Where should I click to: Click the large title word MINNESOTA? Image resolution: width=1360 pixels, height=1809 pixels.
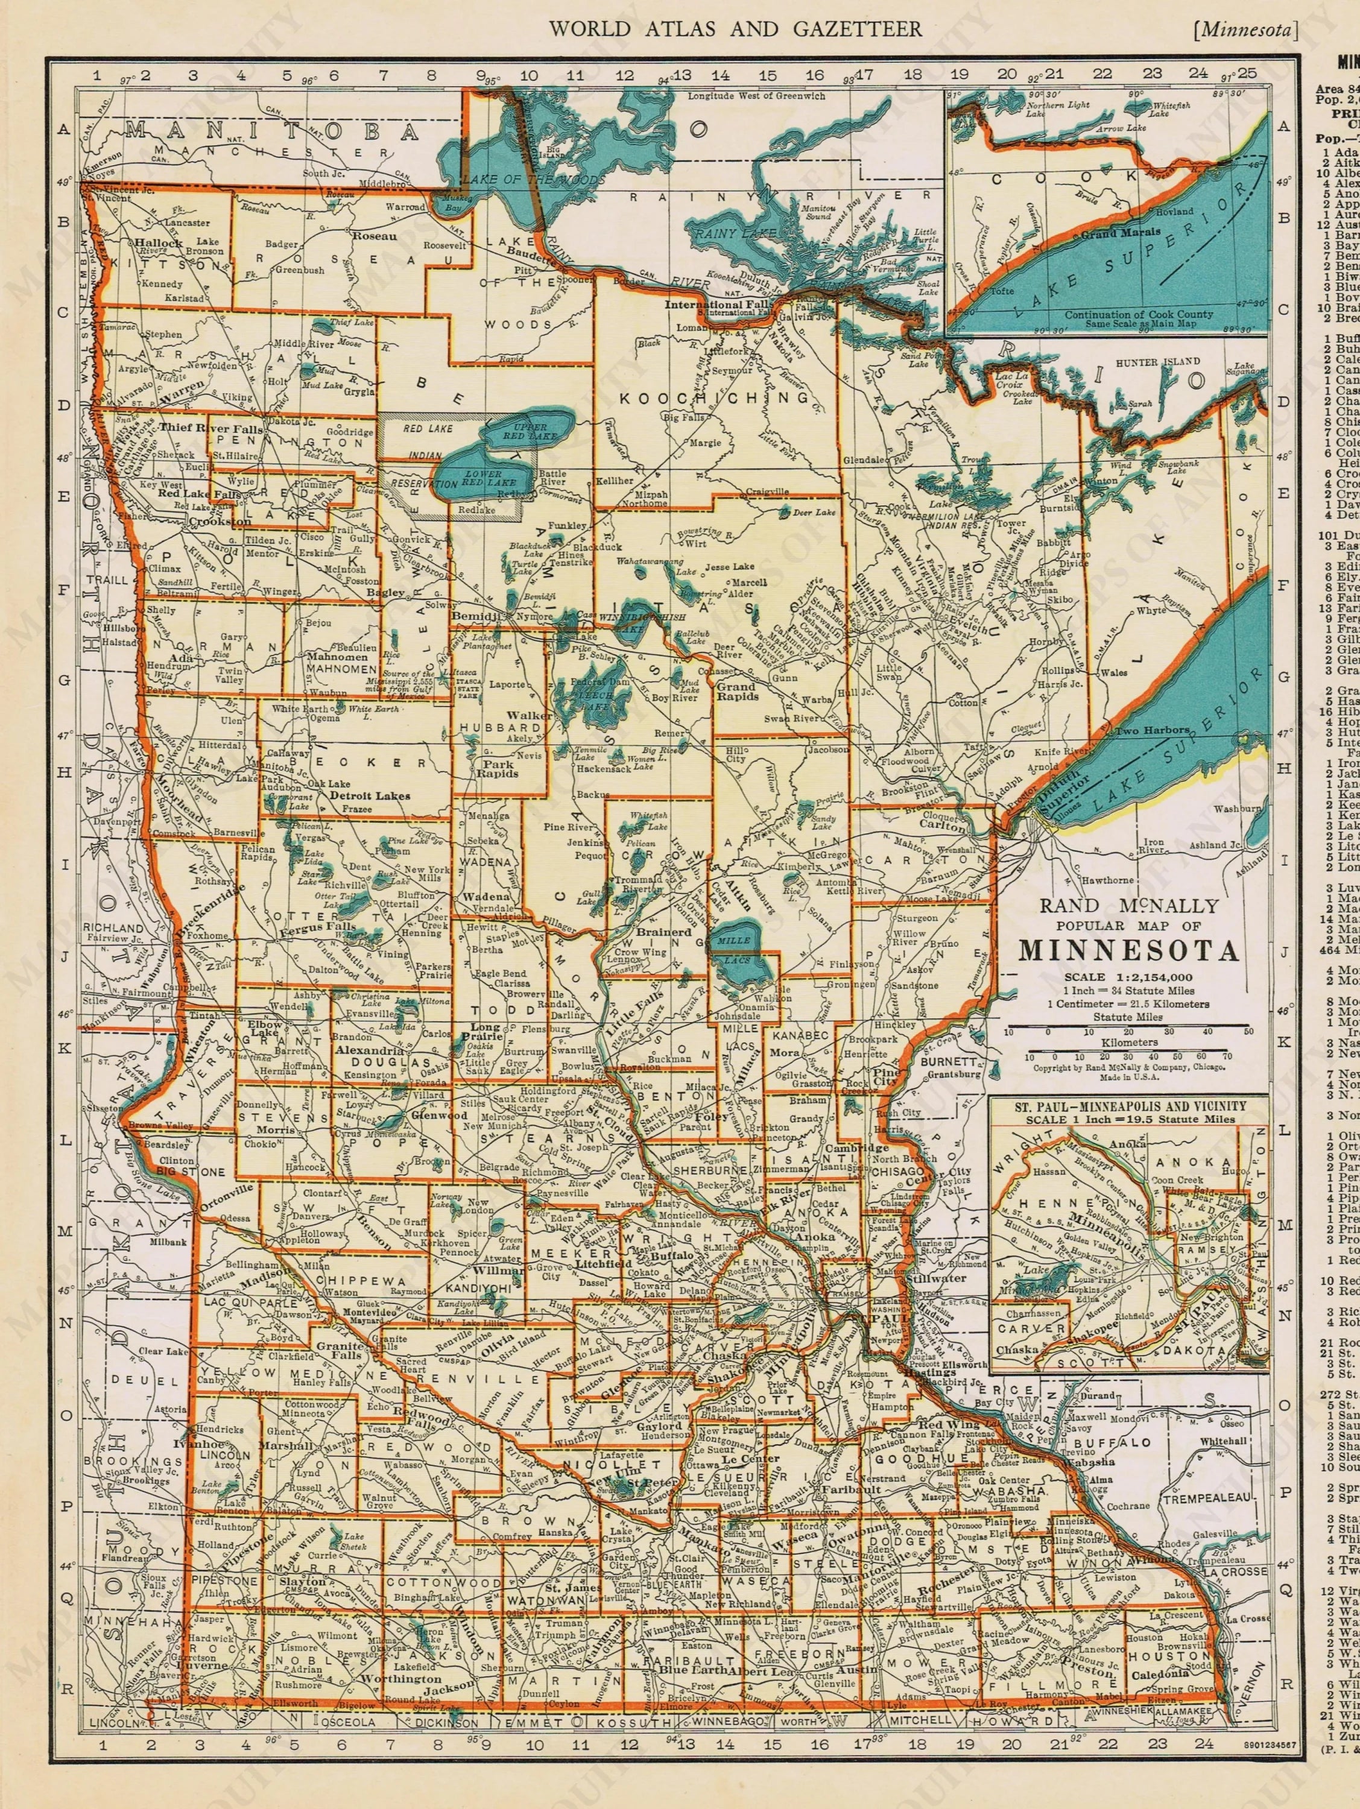(1128, 953)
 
